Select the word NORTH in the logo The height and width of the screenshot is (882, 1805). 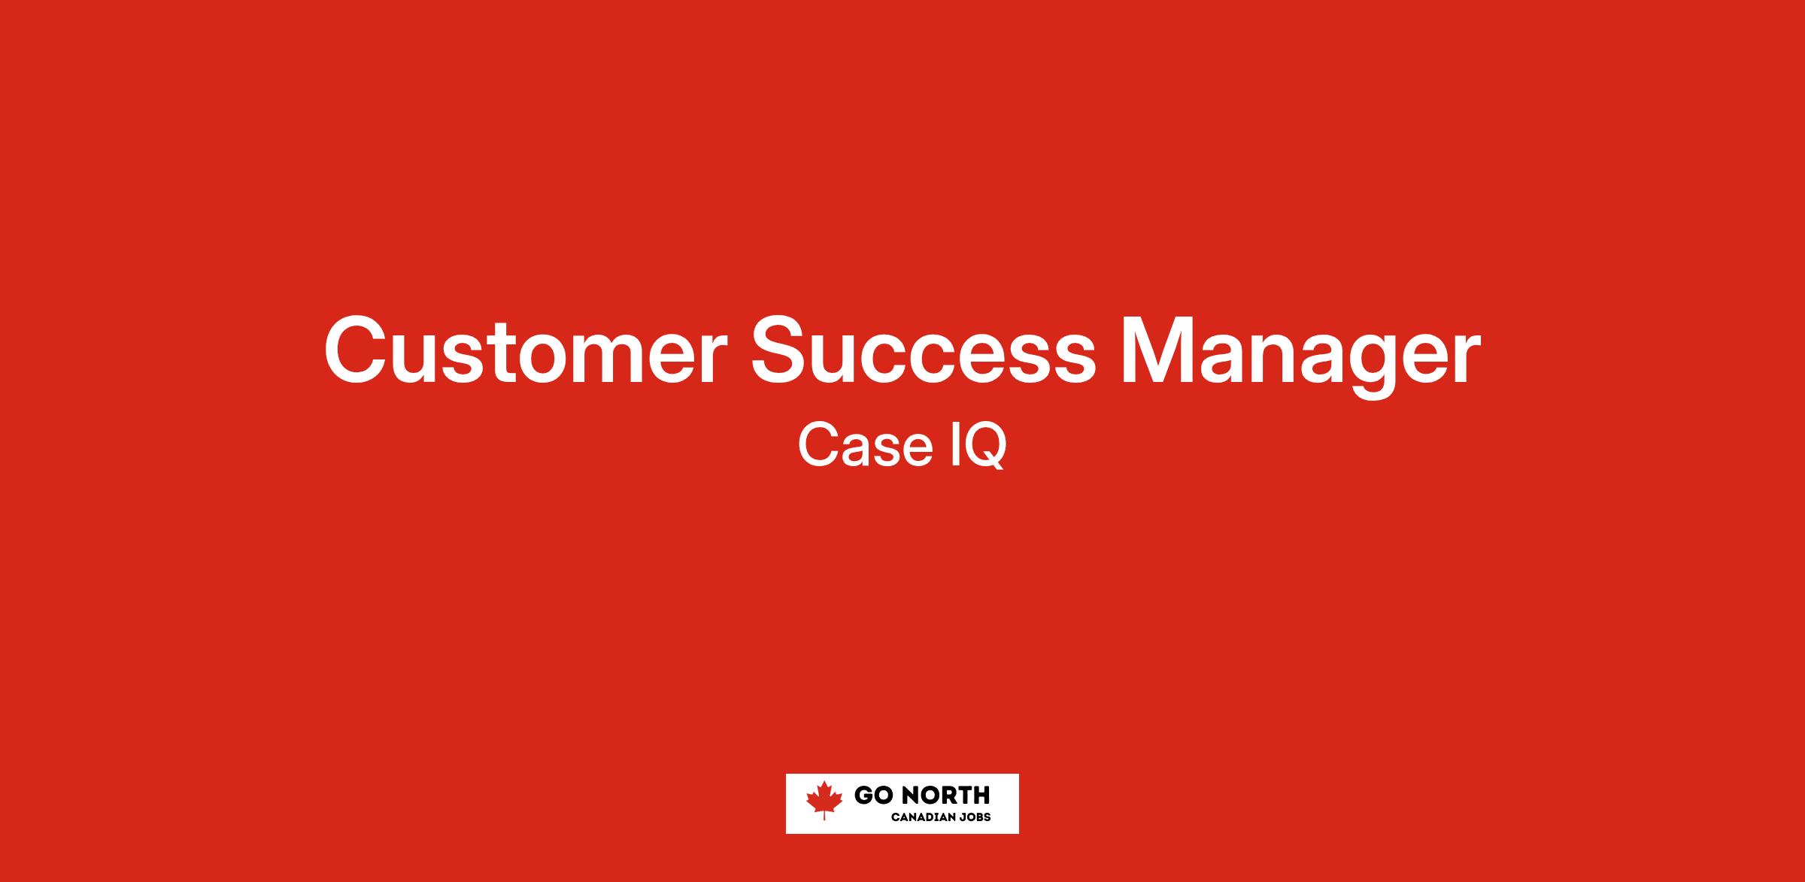(945, 796)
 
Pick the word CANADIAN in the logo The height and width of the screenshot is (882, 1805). (922, 817)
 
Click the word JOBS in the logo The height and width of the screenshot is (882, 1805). (974, 817)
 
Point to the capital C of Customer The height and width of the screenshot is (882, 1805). (356, 350)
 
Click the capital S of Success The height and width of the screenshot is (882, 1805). (781, 350)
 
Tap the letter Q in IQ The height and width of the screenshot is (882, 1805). (984, 447)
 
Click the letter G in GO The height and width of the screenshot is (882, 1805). (863, 796)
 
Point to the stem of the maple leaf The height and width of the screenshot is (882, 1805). (824, 815)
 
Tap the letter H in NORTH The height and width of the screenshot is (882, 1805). (981, 796)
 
